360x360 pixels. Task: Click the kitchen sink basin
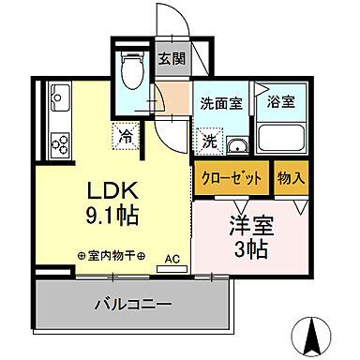pos(61,97)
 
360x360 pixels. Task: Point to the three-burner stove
pos(61,142)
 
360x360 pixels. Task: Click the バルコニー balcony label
pos(132,304)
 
